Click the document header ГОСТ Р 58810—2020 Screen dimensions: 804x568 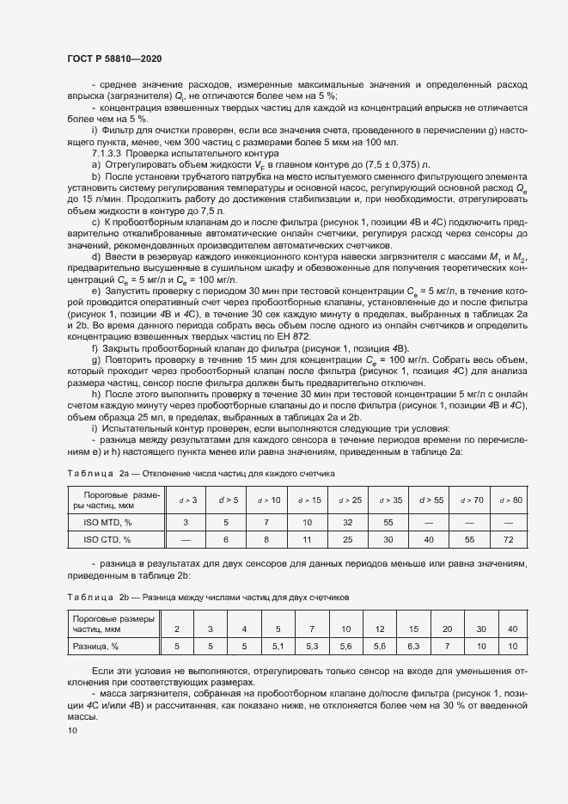114,58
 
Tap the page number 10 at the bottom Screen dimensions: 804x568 72,730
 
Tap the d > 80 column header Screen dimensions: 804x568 510,500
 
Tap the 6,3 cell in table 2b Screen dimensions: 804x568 412,645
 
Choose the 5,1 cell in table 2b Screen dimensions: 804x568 278,645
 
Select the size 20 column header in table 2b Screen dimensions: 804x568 447,629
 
